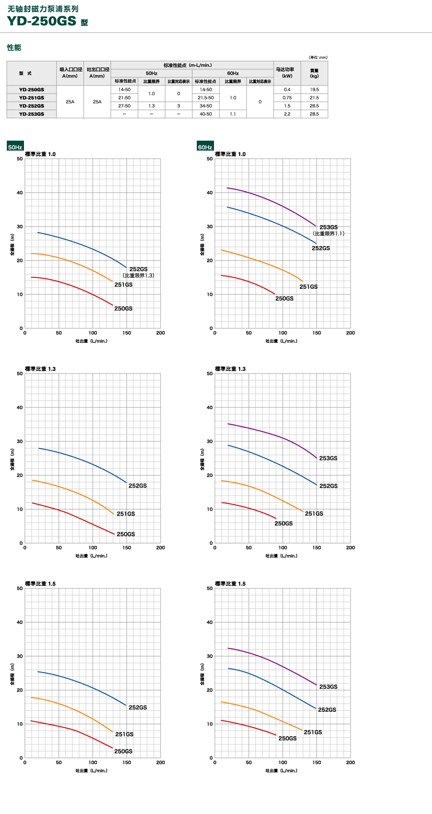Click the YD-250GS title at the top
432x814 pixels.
(x=42, y=21)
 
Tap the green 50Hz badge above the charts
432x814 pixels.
(x=15, y=147)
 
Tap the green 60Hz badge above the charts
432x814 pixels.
(x=205, y=147)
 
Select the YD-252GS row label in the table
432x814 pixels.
(x=32, y=106)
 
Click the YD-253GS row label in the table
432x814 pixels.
(x=32, y=114)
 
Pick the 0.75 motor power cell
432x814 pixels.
(x=287, y=98)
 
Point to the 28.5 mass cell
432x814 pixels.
(x=314, y=114)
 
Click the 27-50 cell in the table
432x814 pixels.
(x=124, y=106)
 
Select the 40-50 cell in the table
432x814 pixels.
(x=206, y=114)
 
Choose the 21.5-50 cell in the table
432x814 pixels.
(x=206, y=98)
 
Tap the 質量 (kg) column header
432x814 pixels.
(x=314, y=73)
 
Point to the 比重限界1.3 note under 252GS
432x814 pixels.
(x=138, y=275)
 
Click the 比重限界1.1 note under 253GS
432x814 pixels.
(x=329, y=234)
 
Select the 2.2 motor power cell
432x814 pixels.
(x=287, y=114)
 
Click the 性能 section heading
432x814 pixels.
(x=14, y=47)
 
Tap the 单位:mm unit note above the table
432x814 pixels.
(x=318, y=57)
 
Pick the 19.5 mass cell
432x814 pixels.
(x=314, y=90)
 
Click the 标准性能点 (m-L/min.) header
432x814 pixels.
(x=188, y=65)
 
